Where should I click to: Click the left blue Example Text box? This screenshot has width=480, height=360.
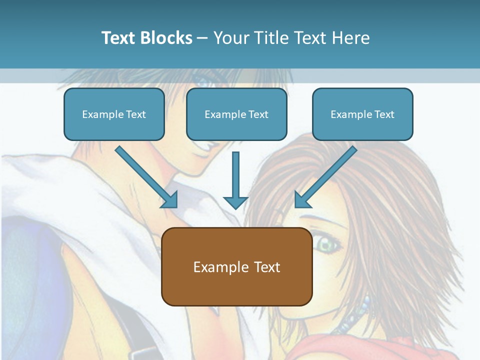click(114, 114)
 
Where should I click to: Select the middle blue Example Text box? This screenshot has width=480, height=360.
click(236, 114)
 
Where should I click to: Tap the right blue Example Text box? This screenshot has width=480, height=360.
click(362, 114)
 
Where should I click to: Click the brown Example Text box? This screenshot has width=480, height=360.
click(236, 266)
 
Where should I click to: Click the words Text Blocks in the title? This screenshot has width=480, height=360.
click(146, 38)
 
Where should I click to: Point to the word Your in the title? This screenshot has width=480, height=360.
click(229, 38)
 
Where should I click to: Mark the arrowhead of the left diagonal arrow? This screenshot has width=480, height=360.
click(170, 200)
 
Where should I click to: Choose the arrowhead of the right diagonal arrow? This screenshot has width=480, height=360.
click(302, 200)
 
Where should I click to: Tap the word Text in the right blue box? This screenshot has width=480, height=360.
click(384, 114)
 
